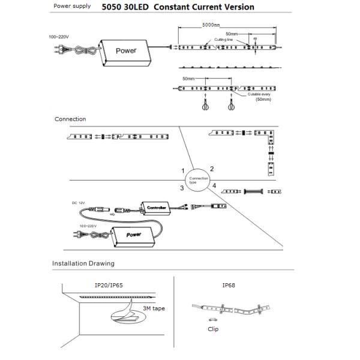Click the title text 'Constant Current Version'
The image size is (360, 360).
[x=203, y=7]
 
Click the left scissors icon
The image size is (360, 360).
[x=205, y=104]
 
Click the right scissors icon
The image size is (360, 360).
[x=230, y=104]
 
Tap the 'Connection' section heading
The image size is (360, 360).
[x=70, y=119]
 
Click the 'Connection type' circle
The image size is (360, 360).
[x=199, y=179]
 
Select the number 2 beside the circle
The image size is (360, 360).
[x=212, y=169]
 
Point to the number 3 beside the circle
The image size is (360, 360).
[x=182, y=188]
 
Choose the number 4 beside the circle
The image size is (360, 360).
[x=214, y=187]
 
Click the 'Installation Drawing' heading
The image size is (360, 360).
[x=83, y=263]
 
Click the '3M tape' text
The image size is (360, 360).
[x=154, y=308]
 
